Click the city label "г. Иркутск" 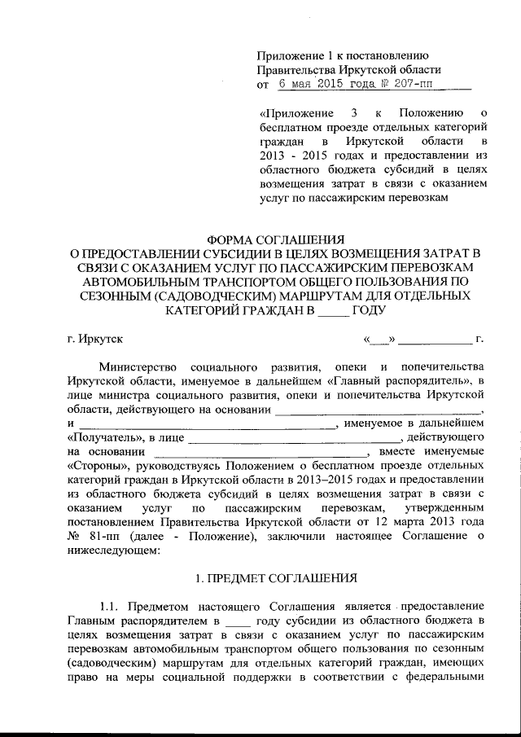tap(95, 337)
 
